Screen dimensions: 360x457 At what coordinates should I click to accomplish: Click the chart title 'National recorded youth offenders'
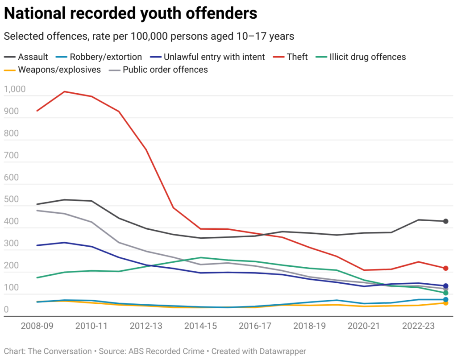tap(130, 13)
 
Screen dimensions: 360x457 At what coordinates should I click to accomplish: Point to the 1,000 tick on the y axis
tap(15, 89)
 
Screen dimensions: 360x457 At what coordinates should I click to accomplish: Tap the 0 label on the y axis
tap(6, 309)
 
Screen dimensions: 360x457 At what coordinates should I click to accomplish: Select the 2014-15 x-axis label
tap(201, 326)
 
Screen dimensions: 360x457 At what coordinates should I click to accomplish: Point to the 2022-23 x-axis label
tap(418, 326)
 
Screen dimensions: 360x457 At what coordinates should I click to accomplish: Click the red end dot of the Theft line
tap(445, 269)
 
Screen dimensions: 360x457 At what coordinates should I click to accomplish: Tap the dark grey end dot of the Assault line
tap(445, 221)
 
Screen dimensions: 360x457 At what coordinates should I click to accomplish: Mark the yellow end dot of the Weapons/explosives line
tap(445, 303)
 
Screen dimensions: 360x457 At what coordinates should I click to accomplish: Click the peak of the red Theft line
tap(65, 92)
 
